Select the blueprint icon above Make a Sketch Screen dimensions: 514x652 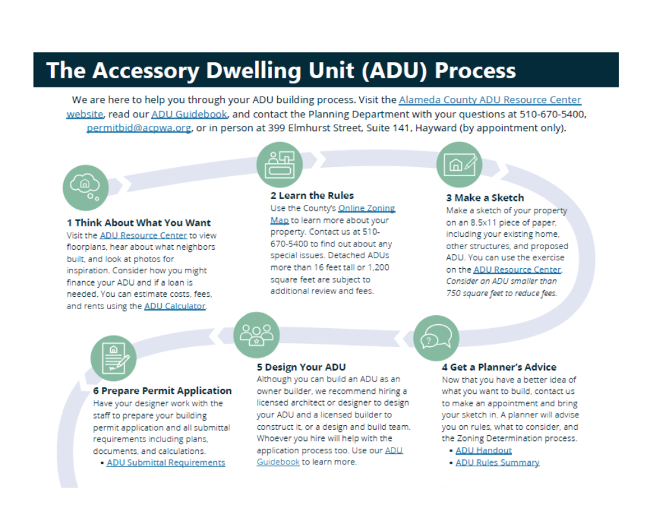459,164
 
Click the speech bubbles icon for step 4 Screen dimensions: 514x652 432,338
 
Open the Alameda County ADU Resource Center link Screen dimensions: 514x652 490,100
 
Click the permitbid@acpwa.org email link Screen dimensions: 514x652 138,128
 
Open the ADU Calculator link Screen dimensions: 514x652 175,306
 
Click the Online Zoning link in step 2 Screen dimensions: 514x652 366,208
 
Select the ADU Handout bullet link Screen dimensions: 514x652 483,450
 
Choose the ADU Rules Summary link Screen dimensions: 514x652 497,462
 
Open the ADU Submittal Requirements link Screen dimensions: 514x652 166,462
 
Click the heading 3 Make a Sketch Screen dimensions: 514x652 484,198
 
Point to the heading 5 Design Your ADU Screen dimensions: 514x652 301,367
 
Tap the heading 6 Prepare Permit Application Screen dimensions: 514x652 162,391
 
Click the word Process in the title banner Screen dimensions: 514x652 475,70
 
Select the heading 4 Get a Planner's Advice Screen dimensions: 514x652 499,367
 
